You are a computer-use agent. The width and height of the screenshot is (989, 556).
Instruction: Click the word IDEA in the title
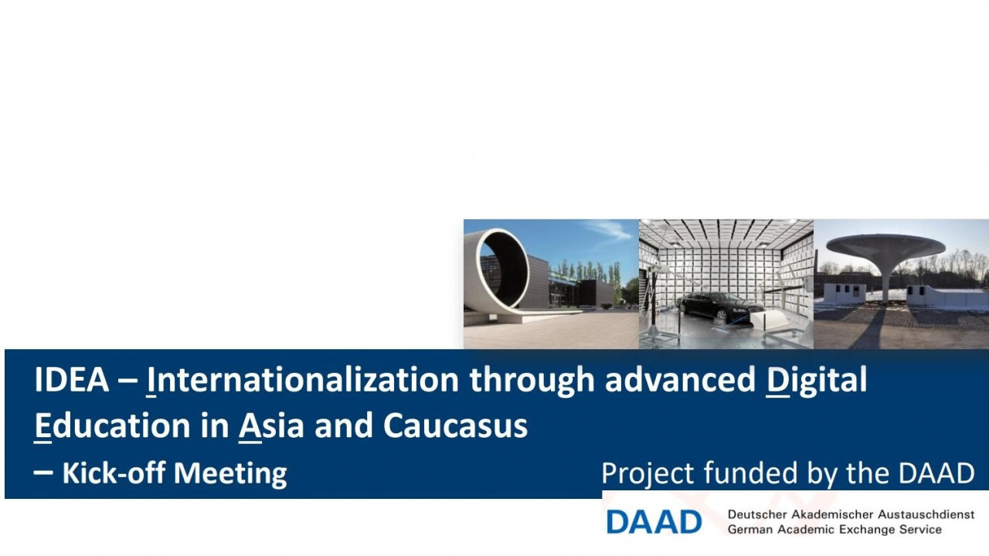(x=72, y=380)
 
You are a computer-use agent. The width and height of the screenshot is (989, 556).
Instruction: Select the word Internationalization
(x=303, y=380)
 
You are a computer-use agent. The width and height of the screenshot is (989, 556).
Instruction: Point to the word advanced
(x=681, y=380)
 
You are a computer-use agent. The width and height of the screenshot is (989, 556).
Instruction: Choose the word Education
(x=113, y=425)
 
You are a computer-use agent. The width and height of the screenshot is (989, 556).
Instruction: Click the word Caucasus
(x=455, y=425)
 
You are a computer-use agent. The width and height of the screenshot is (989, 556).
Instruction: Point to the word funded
(x=750, y=473)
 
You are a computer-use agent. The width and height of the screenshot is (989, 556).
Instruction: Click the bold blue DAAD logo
(x=654, y=522)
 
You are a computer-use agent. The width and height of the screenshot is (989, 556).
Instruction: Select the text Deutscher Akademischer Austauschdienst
(x=851, y=514)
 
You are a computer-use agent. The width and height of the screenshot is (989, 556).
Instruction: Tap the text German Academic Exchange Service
(x=834, y=530)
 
